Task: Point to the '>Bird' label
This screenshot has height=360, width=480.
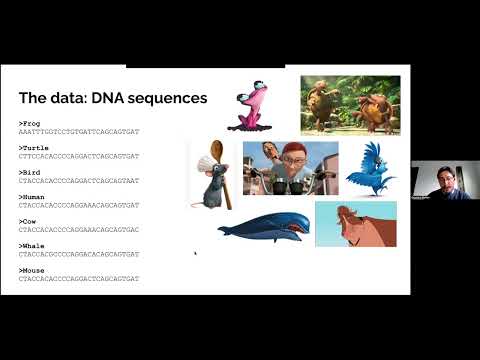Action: click(29, 171)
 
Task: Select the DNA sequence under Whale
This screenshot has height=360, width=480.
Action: click(79, 254)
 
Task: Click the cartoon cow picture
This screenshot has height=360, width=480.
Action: click(355, 223)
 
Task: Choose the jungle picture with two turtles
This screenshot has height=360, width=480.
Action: click(350, 105)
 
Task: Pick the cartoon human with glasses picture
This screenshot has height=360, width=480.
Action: click(290, 167)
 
